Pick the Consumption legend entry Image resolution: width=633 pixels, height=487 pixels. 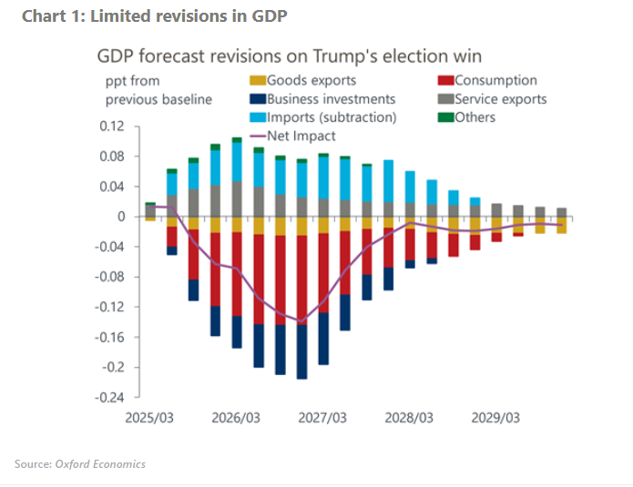click(495, 81)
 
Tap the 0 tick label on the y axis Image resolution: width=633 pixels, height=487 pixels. click(119, 217)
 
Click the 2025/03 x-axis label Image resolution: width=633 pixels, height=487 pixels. click(148, 418)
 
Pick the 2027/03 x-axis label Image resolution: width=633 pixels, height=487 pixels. click(323, 418)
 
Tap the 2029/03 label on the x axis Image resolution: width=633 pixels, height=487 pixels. click(496, 418)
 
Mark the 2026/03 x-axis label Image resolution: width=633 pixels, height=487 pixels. click(235, 418)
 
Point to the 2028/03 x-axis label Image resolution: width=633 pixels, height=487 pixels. click(410, 418)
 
